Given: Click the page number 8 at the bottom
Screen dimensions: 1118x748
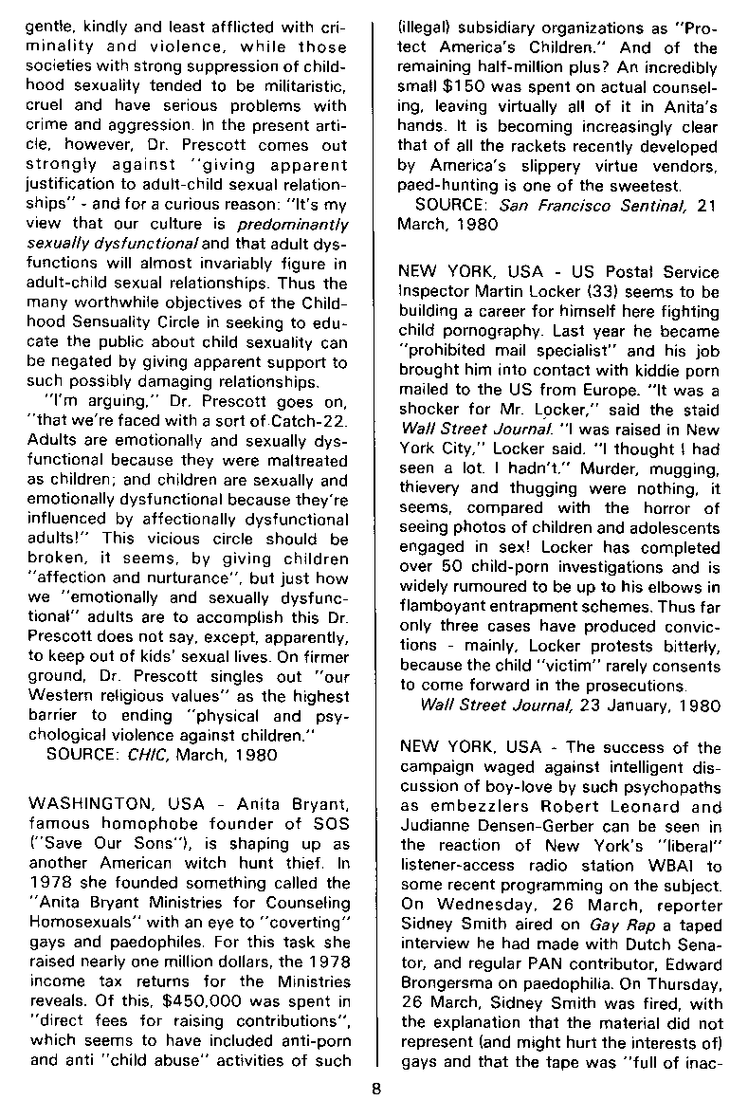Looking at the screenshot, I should click(x=375, y=1088).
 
